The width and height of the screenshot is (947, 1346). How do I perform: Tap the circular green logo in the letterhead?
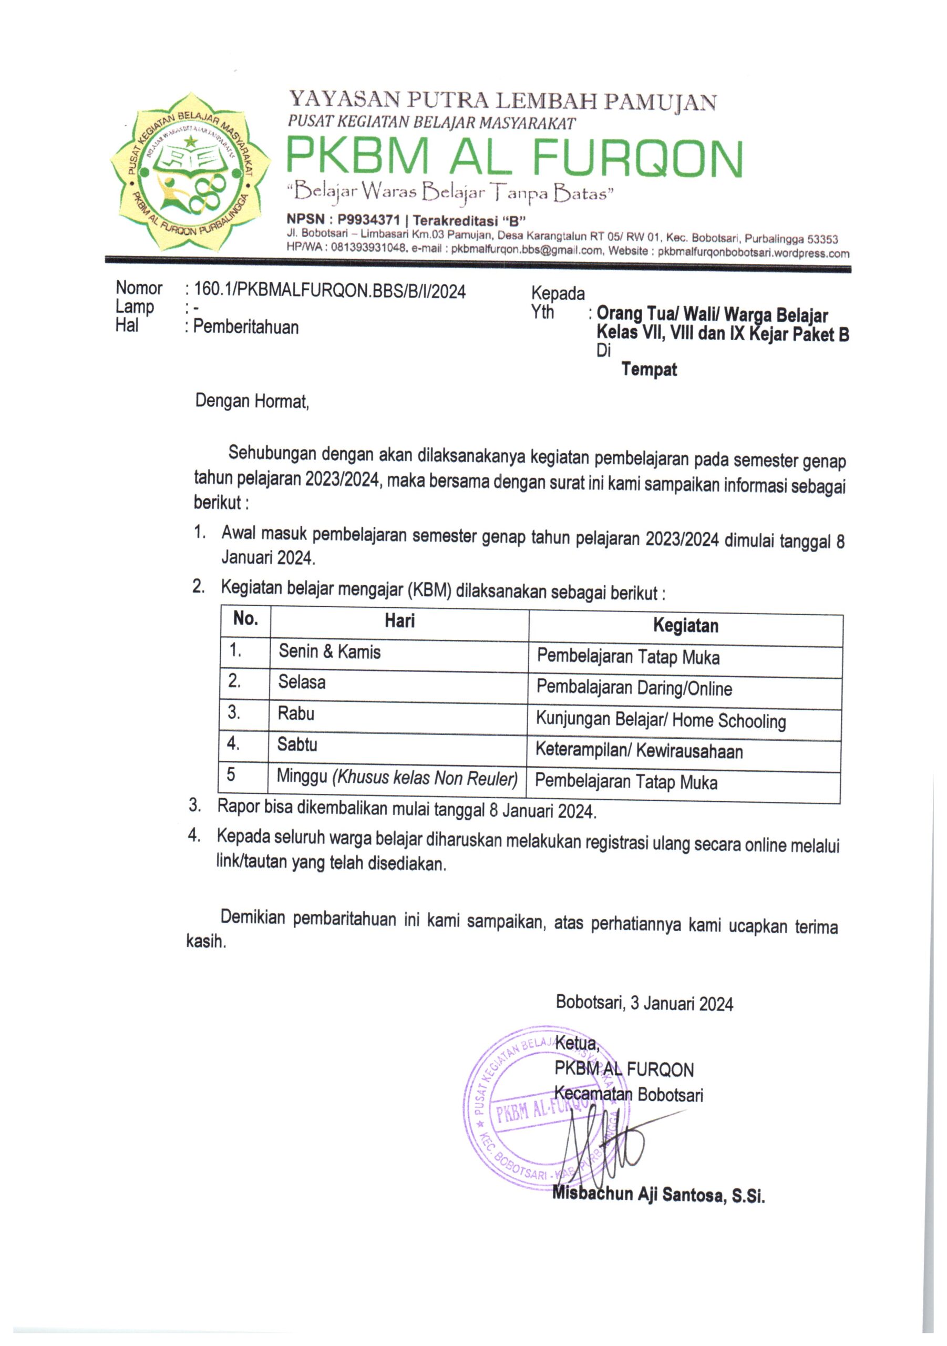[x=190, y=172]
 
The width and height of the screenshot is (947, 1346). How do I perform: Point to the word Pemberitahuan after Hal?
[x=245, y=327]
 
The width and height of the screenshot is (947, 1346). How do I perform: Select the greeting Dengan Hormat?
[x=252, y=402]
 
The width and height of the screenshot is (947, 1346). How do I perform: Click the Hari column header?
[x=399, y=621]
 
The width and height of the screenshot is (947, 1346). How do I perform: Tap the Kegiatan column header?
[x=685, y=626]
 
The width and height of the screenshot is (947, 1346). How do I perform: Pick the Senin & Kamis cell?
[x=330, y=651]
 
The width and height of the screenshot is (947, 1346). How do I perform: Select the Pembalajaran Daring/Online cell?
[x=634, y=688]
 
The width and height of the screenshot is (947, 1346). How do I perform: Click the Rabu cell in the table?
[x=296, y=713]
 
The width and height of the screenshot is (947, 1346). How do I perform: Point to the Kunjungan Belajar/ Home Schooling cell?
[x=661, y=720]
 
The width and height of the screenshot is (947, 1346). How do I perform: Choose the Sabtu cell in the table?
[x=297, y=745]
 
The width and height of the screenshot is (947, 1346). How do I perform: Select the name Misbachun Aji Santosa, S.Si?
[x=658, y=1194]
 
